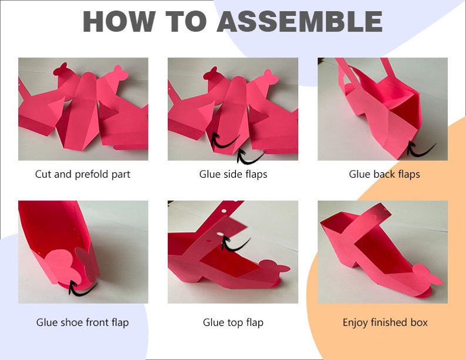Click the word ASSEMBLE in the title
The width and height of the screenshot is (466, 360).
point(299,21)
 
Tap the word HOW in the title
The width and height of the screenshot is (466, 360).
point(119,21)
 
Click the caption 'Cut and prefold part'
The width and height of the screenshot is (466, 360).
point(83,174)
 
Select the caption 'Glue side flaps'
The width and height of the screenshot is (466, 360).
point(233,174)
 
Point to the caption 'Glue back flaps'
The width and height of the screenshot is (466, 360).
point(384,174)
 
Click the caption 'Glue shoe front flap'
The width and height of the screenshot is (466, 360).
point(83,322)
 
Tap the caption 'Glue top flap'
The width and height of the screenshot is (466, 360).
point(233,322)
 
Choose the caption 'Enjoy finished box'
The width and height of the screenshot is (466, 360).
point(385,322)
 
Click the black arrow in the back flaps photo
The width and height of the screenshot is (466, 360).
point(418,152)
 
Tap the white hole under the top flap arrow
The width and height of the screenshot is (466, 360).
point(221,234)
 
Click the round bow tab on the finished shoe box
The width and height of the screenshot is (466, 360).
point(427,274)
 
